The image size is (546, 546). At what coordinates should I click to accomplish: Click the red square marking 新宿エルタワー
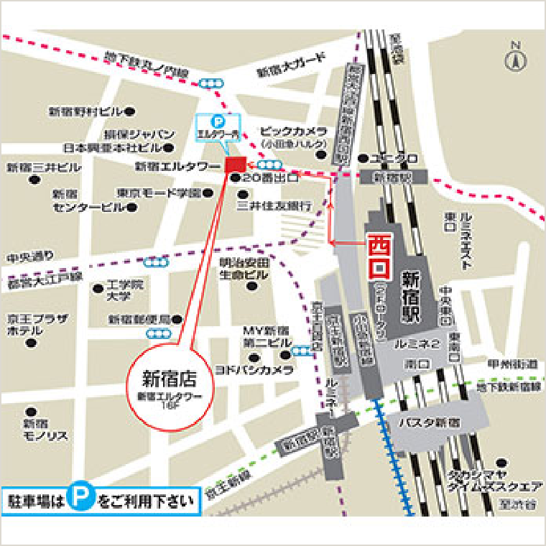[x=236, y=165]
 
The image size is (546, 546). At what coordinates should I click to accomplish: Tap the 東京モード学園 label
[x=159, y=193]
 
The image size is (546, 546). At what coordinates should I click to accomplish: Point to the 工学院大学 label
[x=124, y=290]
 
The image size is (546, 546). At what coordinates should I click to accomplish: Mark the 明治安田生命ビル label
[x=244, y=268]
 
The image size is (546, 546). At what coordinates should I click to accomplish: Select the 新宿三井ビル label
[x=44, y=167]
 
